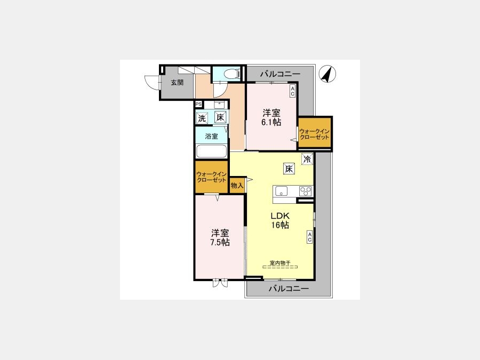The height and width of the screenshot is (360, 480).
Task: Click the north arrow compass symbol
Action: [x=327, y=74]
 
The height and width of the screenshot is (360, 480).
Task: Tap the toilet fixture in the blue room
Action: [x=231, y=74]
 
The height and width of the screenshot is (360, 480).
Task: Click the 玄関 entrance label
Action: [x=177, y=82]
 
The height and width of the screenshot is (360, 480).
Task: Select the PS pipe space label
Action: [x=198, y=104]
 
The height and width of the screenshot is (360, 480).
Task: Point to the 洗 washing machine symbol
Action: [x=202, y=118]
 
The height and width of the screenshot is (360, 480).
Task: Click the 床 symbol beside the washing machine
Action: [x=220, y=117]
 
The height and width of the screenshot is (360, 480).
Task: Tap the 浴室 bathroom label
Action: [x=212, y=137]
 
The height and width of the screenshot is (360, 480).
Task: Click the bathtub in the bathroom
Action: [x=212, y=151]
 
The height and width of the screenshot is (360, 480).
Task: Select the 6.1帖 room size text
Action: [x=271, y=122]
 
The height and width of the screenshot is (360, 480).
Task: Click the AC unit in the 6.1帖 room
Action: [x=292, y=91]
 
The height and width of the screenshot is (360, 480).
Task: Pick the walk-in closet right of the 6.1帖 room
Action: [x=315, y=133]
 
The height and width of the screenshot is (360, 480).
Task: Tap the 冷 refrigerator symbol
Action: [x=307, y=159]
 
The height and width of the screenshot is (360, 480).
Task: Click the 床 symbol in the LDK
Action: [x=289, y=169]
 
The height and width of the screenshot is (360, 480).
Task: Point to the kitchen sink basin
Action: [x=281, y=191]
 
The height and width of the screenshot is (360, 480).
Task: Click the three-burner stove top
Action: [x=305, y=191]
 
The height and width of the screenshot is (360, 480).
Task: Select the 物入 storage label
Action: [x=237, y=186]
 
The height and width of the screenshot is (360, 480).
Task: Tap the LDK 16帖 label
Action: [x=280, y=220]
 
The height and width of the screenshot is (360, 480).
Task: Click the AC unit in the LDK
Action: [x=309, y=237]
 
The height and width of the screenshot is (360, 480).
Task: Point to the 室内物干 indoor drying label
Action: [x=280, y=262]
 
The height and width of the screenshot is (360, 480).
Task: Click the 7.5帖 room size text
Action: [x=220, y=243]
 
